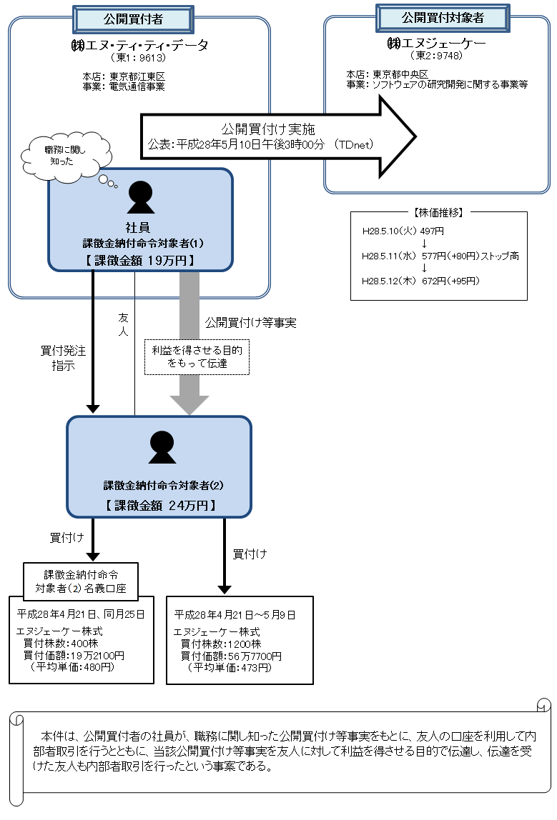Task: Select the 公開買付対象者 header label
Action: [x=443, y=17]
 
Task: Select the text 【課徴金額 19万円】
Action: [x=140, y=260]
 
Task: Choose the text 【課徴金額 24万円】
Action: [x=159, y=504]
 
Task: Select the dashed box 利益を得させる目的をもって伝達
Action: [x=197, y=356]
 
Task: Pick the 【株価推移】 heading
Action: [x=439, y=212]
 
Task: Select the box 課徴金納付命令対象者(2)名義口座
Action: [x=81, y=581]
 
